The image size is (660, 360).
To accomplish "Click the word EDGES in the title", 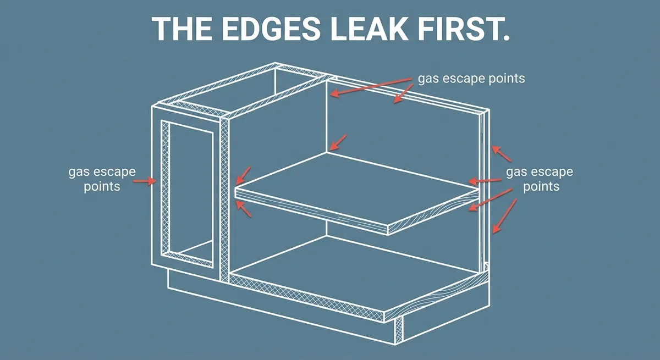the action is click(270, 29).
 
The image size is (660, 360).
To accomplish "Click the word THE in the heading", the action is click(182, 29).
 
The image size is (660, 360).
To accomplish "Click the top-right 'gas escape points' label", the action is click(471, 79).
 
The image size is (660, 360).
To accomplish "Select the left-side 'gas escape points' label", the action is click(102, 179).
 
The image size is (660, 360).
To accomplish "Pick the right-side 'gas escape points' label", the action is click(540, 179).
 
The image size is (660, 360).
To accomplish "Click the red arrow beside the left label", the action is click(144, 180).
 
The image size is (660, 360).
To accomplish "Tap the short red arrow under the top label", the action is click(403, 93).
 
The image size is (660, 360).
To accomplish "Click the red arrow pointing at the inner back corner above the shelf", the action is click(338, 142).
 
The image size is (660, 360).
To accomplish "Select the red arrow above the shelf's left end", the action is click(243, 175).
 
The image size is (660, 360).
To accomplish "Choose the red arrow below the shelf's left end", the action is click(244, 209).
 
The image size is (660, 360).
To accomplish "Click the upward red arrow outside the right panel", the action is click(502, 154).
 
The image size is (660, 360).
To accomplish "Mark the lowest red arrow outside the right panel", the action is click(504, 217).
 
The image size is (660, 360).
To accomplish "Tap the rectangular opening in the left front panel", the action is click(191, 194).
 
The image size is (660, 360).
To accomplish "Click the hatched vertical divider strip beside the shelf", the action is click(224, 200).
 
